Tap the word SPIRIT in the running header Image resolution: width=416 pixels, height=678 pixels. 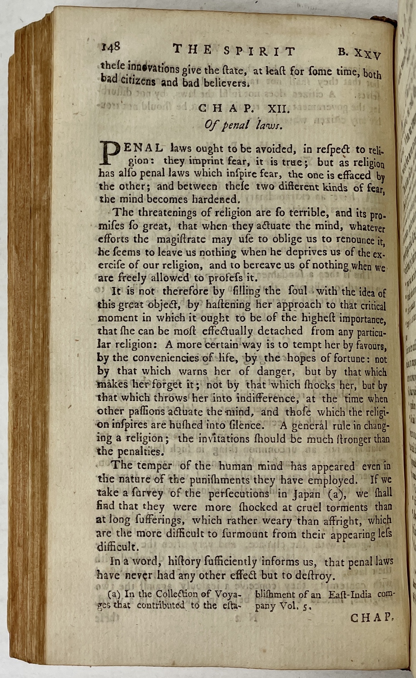(x=259, y=51)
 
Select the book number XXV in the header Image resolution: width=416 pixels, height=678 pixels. (x=366, y=54)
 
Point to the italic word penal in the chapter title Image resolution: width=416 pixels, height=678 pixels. (x=235, y=124)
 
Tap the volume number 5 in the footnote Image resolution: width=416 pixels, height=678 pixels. (x=306, y=607)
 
